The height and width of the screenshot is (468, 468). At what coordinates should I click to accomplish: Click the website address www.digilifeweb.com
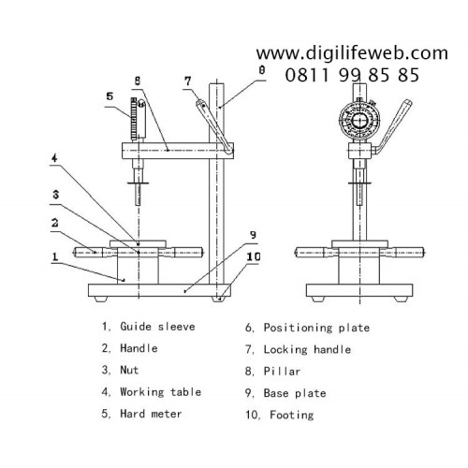click(x=352, y=53)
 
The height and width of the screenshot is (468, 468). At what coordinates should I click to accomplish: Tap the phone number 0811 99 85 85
click(x=352, y=75)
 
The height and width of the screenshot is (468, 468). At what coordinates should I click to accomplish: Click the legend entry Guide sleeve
click(x=157, y=327)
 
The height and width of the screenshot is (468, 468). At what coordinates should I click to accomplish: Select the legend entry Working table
click(x=161, y=392)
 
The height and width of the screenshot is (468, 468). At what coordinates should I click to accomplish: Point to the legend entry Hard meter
click(x=151, y=414)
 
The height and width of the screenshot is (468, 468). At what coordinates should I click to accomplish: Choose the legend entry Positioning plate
click(x=316, y=328)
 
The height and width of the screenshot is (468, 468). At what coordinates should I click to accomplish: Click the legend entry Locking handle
click(x=307, y=350)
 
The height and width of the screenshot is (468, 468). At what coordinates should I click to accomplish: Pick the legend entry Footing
click(x=292, y=416)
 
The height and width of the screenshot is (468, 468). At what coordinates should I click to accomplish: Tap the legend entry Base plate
click(x=295, y=393)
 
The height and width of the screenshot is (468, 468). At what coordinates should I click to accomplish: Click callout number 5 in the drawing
click(x=110, y=96)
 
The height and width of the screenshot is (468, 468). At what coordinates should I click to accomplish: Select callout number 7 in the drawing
click(x=187, y=81)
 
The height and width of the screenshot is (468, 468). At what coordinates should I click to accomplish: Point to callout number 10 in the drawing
click(x=254, y=256)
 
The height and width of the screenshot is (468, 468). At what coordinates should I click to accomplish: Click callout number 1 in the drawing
click(x=55, y=256)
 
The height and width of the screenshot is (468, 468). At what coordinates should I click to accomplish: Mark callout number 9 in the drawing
click(x=253, y=235)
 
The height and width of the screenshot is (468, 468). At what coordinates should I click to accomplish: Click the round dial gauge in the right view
click(x=360, y=120)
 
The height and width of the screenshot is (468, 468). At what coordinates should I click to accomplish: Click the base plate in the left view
click(x=159, y=290)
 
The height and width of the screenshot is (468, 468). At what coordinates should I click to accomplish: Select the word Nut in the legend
click(x=129, y=371)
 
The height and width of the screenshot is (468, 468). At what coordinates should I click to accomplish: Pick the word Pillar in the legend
click(x=282, y=372)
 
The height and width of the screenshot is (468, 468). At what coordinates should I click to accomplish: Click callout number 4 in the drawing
click(x=54, y=158)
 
